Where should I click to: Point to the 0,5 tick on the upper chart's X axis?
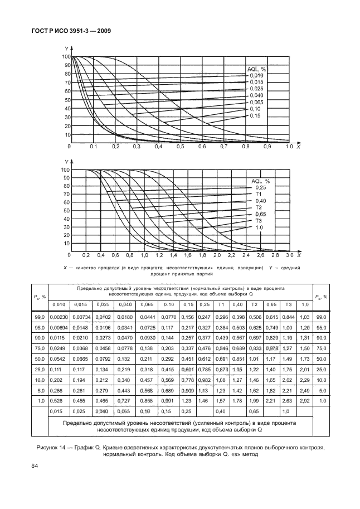point(180,147)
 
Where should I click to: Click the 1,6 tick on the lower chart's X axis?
point(188,255)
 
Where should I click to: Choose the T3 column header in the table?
point(288,304)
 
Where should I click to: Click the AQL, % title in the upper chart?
point(258,69)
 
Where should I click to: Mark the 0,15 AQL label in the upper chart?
point(256,116)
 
